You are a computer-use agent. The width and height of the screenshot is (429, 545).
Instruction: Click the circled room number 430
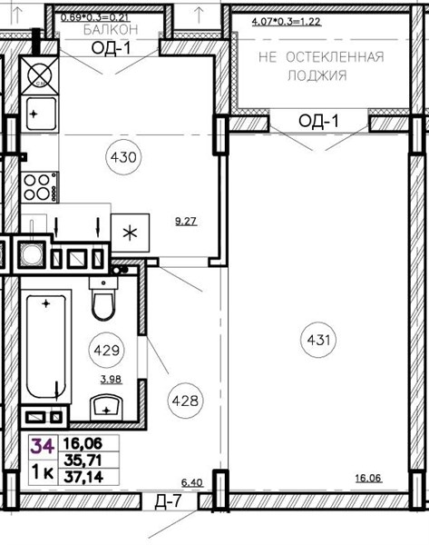pos(123,157)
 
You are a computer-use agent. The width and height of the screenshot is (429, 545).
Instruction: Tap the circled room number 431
pos(318,340)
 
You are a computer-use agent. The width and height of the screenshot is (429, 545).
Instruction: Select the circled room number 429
pos(106,350)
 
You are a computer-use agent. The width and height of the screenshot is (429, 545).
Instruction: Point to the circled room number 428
pos(185,401)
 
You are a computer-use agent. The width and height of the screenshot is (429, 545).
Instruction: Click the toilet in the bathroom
pos(103,298)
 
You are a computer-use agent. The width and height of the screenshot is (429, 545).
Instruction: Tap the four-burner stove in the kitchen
pos(40,187)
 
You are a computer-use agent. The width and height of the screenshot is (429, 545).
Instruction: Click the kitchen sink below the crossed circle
pos(40,114)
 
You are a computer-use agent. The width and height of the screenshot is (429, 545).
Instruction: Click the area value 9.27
pos(186,221)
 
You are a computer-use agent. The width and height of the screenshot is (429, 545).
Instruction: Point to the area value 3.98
pos(111,379)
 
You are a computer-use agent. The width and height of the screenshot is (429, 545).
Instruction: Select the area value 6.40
pos(192,483)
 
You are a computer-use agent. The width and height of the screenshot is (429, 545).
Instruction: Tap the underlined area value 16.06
pos(368,479)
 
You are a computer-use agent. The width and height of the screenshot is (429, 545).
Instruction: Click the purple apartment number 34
pos(43,446)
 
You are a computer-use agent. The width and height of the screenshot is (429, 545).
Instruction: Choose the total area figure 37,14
pos(83,477)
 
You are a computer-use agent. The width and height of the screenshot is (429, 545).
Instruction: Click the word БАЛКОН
pos(111,30)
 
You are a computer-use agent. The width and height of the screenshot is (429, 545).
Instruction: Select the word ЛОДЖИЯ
pos(317,75)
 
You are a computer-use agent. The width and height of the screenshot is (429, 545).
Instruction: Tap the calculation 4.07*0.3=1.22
pos(287,22)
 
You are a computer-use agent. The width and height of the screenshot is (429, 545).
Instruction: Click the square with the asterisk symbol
pos(131,233)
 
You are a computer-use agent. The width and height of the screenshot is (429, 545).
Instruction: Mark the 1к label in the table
pos(43,472)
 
